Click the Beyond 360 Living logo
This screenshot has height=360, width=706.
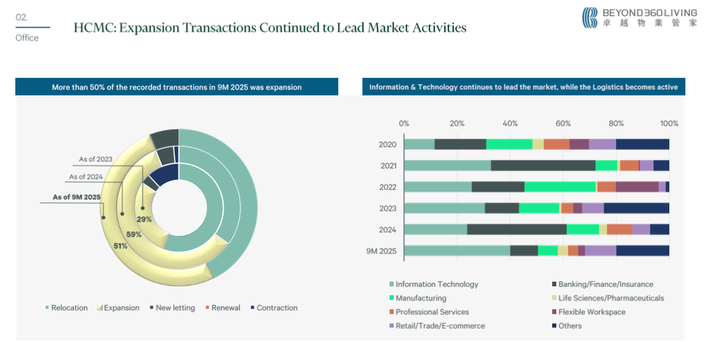click(x=639, y=18)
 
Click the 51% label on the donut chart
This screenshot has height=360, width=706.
click(x=121, y=246)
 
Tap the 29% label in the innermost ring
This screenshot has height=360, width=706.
click(x=144, y=219)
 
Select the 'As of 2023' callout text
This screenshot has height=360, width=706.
click(x=95, y=159)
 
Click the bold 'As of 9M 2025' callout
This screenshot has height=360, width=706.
click(x=77, y=197)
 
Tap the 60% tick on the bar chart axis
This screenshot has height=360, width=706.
click(x=563, y=124)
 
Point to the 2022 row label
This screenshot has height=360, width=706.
click(x=388, y=187)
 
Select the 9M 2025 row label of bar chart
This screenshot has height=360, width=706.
click(x=381, y=251)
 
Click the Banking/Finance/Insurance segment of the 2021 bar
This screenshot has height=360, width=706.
click(x=543, y=166)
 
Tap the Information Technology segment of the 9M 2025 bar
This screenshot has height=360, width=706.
click(x=457, y=251)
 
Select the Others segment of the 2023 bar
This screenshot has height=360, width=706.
click(x=636, y=208)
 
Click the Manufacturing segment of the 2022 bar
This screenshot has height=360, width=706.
click(x=560, y=187)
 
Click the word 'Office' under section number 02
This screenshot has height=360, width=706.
click(x=27, y=38)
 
